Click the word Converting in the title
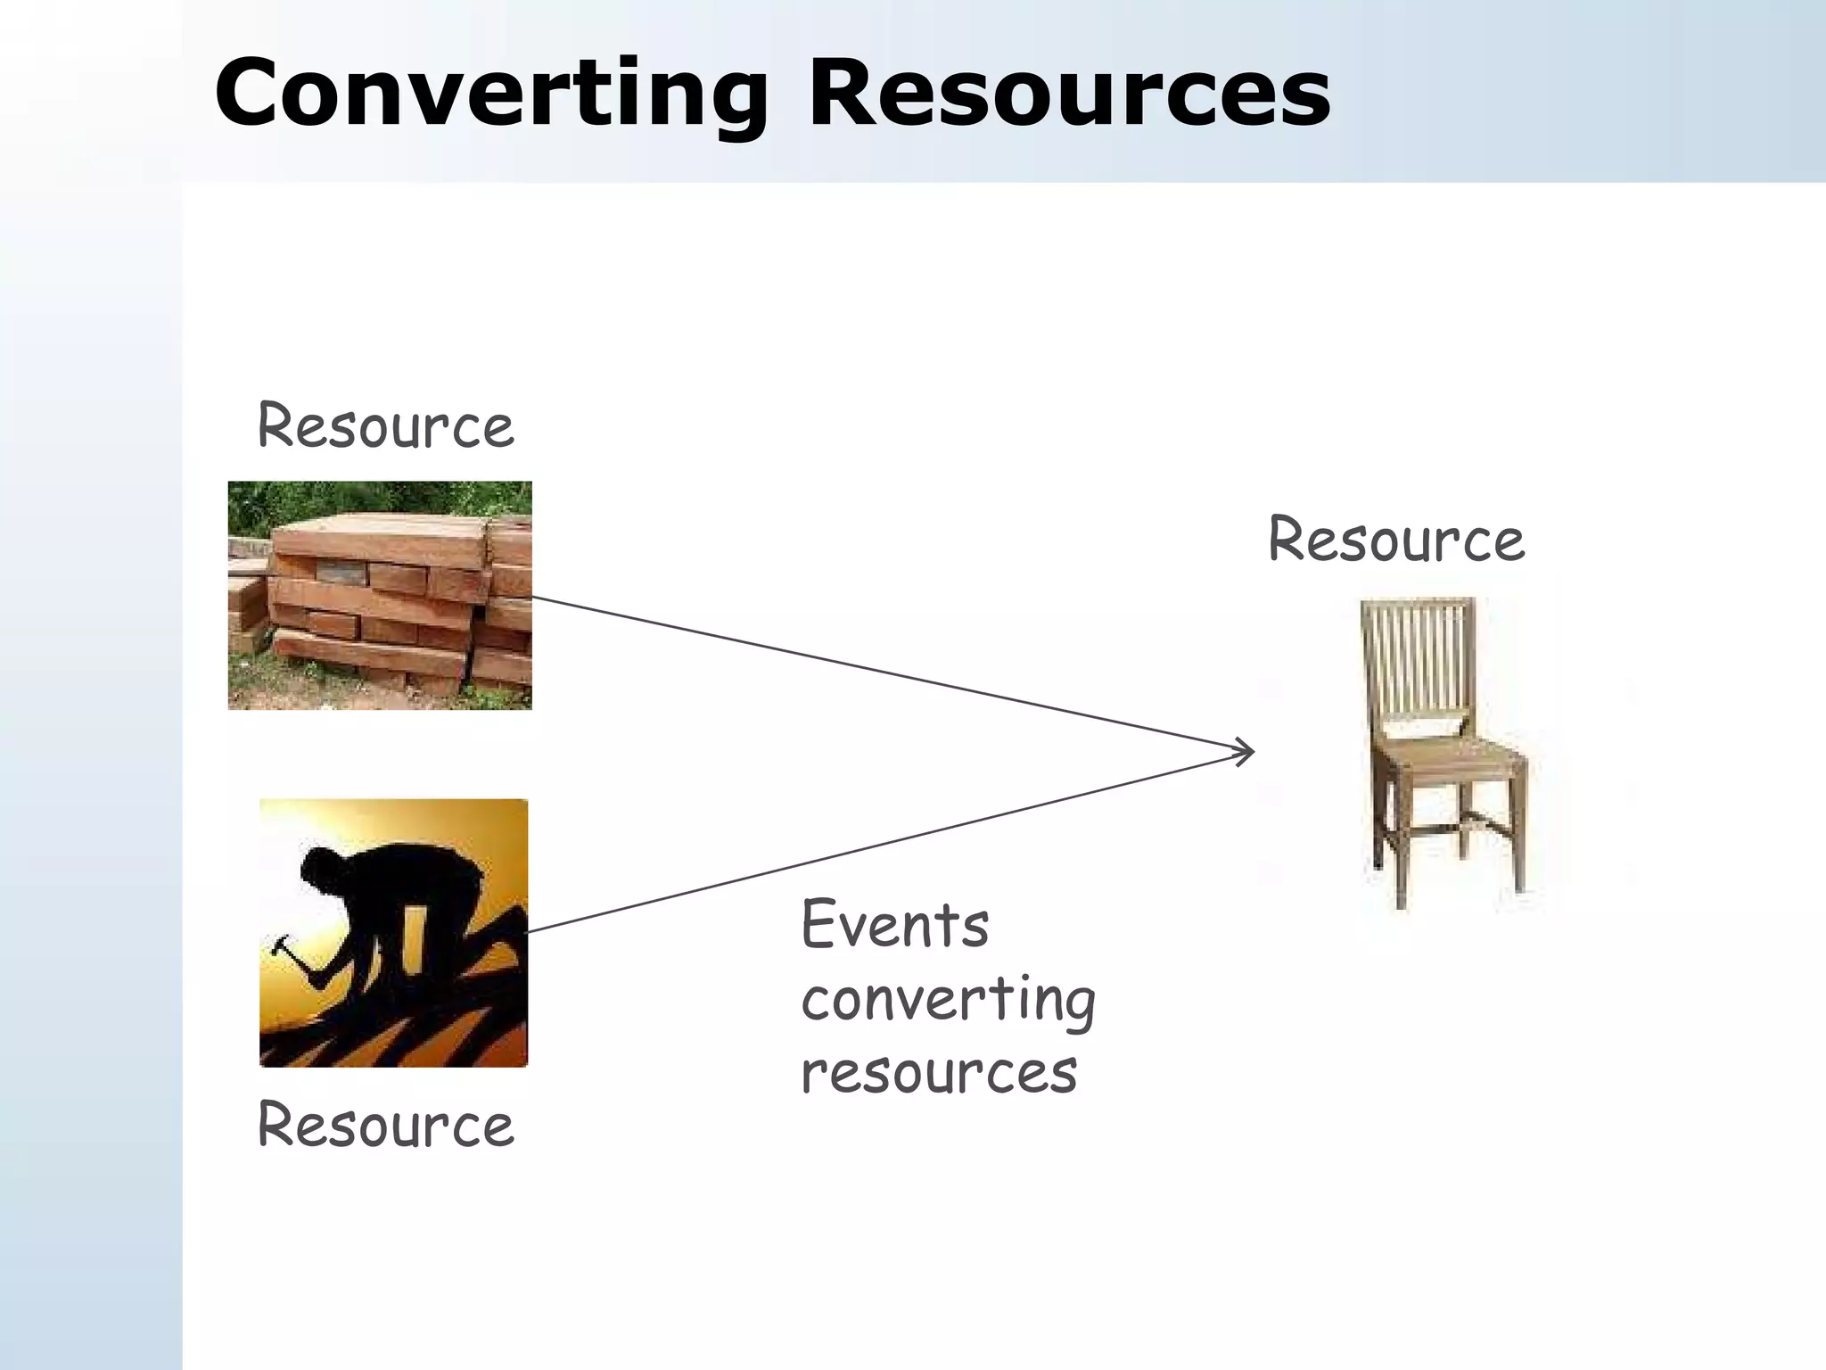tap(490, 95)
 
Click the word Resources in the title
tap(1068, 95)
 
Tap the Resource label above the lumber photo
tap(385, 426)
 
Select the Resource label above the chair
tap(1396, 541)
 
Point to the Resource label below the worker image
tap(385, 1126)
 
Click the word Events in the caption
tap(895, 926)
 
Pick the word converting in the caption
tap(948, 1001)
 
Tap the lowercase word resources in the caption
tap(939, 1072)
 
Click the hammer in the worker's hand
tap(284, 944)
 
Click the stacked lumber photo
tap(380, 596)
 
